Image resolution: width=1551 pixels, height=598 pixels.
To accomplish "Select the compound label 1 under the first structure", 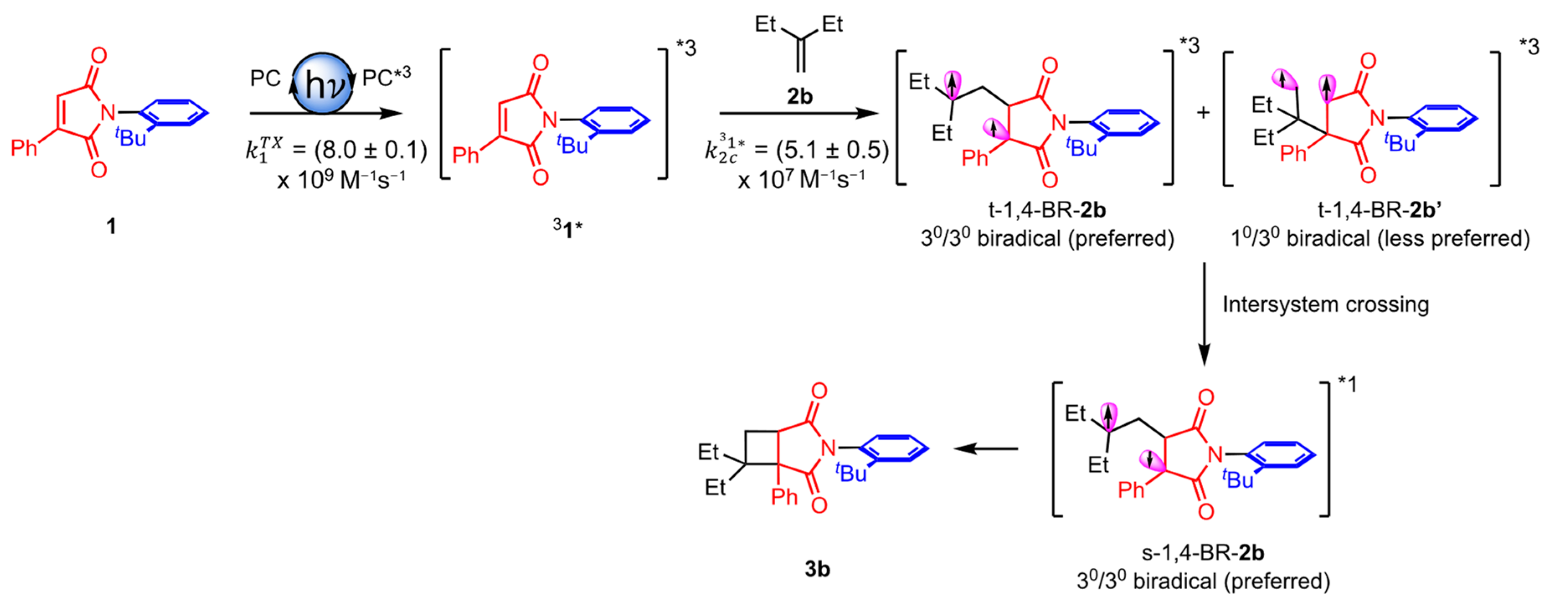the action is point(111,227).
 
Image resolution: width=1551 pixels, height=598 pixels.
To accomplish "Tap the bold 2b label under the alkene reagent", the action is point(800,96).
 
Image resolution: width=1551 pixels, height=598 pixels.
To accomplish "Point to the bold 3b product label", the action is point(817,569).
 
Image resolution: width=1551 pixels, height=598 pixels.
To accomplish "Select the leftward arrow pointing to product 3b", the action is point(985,449).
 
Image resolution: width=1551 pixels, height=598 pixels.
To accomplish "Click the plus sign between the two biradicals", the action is point(1203,112).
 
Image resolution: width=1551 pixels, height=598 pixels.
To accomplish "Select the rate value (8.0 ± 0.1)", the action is point(370,150).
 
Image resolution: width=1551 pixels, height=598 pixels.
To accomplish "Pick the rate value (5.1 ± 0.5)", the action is point(832,150).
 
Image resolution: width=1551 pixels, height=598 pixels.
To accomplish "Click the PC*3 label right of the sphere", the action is point(386,77).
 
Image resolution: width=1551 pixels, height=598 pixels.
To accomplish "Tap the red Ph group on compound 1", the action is point(24,147).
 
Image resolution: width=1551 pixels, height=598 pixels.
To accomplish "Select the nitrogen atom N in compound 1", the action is point(108,112).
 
